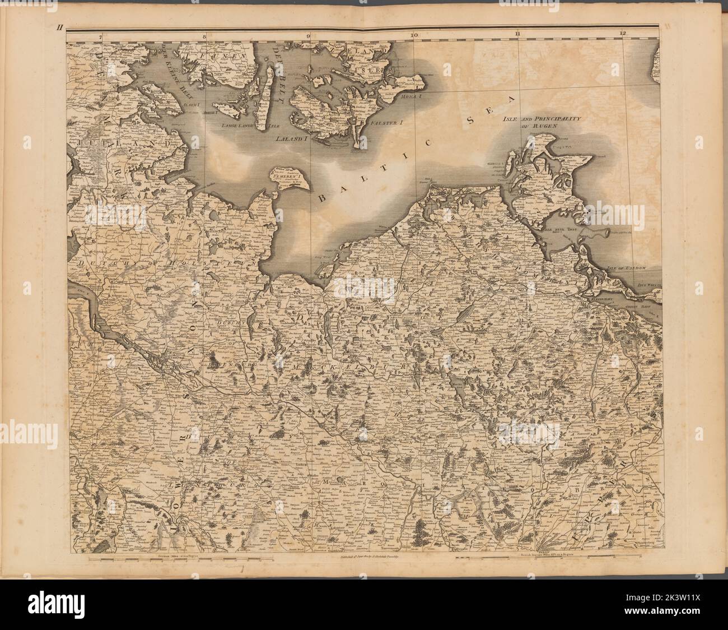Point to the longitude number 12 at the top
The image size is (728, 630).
[x=623, y=35]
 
